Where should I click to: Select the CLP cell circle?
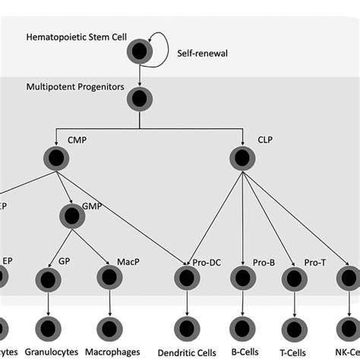[242, 157]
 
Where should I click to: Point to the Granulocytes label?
[49, 352]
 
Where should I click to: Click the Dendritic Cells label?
[187, 352]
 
